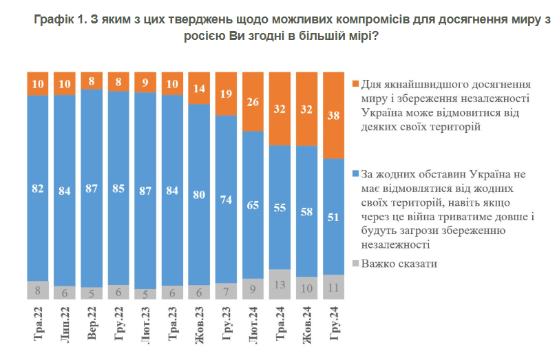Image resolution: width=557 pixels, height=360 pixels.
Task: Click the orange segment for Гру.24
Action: click(x=333, y=115)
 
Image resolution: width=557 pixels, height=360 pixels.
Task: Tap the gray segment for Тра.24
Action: click(x=280, y=284)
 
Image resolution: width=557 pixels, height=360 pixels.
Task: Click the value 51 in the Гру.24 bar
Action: click(x=333, y=218)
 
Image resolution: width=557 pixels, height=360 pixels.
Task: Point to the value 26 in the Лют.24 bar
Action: click(x=253, y=102)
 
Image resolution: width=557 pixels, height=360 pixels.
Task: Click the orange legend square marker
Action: click(x=355, y=85)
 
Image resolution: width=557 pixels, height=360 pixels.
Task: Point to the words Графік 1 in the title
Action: click(x=56, y=21)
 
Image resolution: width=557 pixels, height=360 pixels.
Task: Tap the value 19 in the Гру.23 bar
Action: click(x=226, y=93)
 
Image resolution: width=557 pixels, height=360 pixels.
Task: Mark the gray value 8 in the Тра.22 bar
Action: click(x=38, y=290)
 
